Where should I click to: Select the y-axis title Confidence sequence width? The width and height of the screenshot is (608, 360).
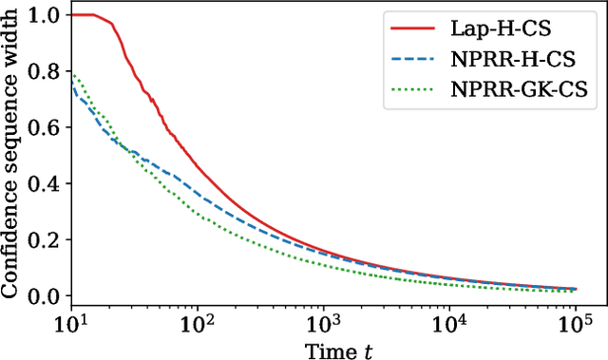12,156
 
